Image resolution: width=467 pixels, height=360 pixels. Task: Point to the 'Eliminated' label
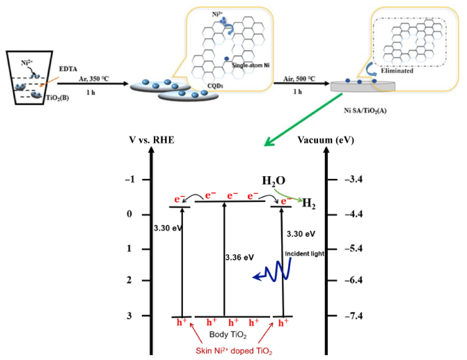[x=397, y=70]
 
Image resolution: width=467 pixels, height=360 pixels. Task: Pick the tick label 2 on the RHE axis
[x=129, y=280]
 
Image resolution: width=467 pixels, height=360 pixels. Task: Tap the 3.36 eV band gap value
[x=239, y=257]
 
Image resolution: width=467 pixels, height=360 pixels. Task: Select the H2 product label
[x=309, y=204]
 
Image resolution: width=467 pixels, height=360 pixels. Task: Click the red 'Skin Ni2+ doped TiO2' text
[x=234, y=350]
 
